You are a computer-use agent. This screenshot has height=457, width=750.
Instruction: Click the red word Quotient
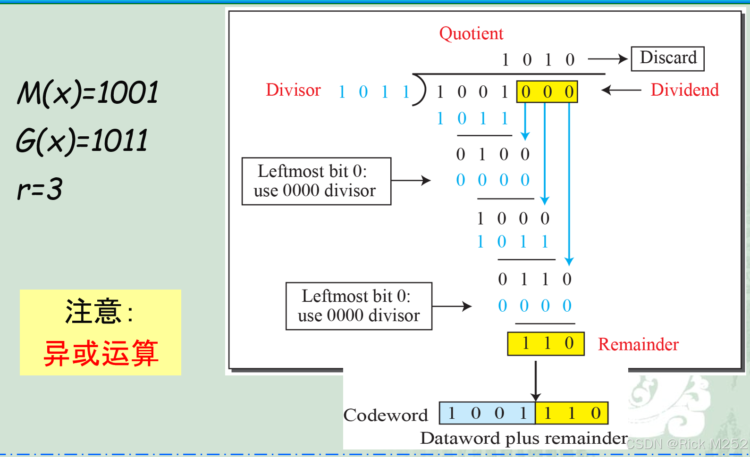471,33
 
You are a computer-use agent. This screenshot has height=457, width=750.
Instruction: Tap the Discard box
667,58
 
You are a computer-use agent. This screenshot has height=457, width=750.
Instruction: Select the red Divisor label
293,90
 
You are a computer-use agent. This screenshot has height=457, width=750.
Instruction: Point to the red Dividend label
684,90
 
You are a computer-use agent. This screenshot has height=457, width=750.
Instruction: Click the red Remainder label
638,344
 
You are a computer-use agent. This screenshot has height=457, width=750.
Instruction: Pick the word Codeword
386,415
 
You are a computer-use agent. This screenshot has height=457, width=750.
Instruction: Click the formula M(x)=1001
88,92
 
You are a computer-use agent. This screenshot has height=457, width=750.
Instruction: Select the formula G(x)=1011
82,141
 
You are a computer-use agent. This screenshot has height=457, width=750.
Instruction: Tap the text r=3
40,189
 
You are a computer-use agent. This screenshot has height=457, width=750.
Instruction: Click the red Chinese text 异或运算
101,353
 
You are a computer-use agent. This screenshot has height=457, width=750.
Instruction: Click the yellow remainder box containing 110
546,344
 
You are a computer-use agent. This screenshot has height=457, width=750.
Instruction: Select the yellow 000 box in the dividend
547,92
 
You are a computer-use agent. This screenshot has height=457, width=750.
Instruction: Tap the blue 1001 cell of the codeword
487,413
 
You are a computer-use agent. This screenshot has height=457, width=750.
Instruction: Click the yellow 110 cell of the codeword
572,413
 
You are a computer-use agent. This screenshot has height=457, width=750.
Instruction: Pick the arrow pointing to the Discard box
607,59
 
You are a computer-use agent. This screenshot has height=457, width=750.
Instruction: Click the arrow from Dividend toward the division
621,90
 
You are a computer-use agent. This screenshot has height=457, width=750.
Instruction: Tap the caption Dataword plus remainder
524,438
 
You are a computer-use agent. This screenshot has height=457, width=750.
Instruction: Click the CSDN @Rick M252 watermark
687,444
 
